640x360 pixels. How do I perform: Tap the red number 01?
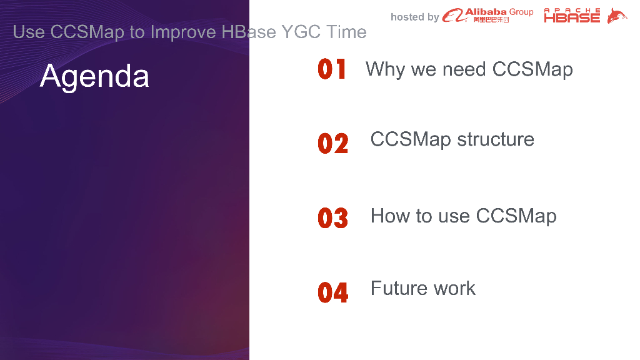coord(332,69)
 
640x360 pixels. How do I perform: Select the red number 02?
coord(332,143)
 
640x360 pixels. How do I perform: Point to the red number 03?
coord(332,217)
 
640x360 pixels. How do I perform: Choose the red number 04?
coord(332,292)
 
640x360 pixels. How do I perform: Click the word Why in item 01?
coord(385,69)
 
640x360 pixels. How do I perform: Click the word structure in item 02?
coord(496,139)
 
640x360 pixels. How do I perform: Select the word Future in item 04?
coord(399,288)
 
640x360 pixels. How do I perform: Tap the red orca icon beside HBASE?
coord(617,16)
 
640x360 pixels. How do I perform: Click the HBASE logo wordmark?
coord(572,16)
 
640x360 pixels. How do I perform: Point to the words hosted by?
coord(415,17)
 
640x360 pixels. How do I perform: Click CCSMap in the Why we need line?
coord(532,69)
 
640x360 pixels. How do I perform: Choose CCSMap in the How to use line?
coord(516,216)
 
